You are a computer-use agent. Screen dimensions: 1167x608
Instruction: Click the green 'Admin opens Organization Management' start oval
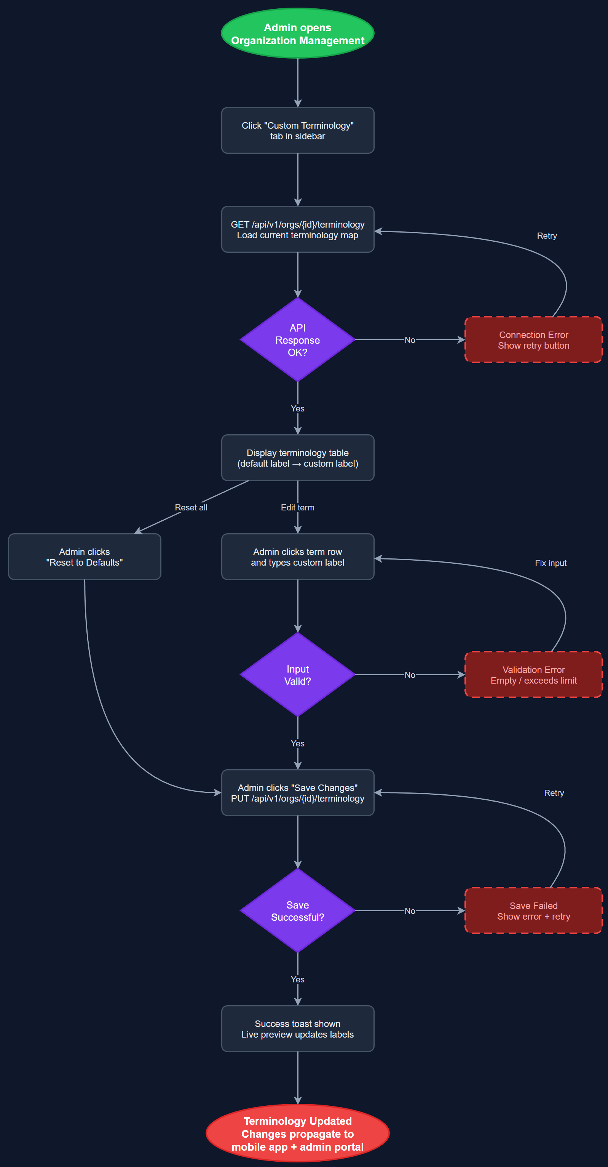(x=298, y=33)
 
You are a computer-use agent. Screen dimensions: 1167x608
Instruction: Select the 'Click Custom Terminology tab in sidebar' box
(x=298, y=131)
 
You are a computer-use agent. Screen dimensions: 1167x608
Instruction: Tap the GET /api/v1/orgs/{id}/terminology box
(x=298, y=230)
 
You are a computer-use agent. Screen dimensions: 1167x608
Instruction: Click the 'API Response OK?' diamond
(x=298, y=340)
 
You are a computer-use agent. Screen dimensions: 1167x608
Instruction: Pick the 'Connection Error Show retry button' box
(x=533, y=340)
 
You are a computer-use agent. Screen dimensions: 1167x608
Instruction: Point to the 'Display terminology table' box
(x=298, y=458)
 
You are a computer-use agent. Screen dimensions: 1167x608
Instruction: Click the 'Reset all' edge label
(x=191, y=508)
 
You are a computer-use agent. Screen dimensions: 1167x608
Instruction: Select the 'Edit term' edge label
(x=297, y=508)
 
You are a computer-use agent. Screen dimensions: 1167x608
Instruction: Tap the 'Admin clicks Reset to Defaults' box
(x=85, y=557)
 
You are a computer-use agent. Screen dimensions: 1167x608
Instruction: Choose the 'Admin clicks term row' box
(x=298, y=557)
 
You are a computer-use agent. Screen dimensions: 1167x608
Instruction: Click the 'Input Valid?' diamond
(x=298, y=675)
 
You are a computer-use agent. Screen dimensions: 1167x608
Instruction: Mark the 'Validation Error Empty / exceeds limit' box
(x=533, y=675)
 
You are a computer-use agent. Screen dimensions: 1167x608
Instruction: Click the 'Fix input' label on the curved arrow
(x=551, y=563)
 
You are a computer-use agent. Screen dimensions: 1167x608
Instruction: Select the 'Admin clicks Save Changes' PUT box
(x=298, y=793)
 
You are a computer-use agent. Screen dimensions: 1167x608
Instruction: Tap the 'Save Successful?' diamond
(x=298, y=911)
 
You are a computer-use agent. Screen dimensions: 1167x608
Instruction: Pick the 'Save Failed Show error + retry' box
(x=533, y=911)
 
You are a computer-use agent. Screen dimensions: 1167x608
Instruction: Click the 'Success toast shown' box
(x=298, y=1029)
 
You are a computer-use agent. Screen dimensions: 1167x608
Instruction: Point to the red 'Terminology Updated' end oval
(x=298, y=1134)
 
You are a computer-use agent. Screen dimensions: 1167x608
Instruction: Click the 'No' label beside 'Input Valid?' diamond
(x=410, y=675)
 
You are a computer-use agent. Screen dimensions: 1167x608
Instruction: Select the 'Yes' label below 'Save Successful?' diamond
(x=298, y=979)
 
